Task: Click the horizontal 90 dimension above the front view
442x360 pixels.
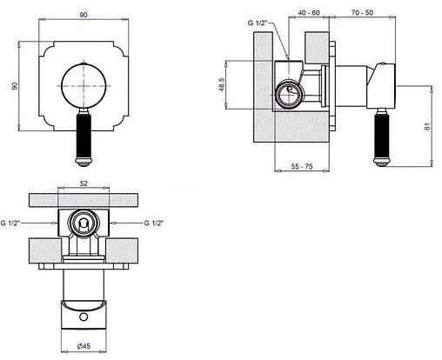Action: tap(84, 15)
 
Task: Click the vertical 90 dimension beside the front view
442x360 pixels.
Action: tap(15, 86)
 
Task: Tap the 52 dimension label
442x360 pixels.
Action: tap(84, 183)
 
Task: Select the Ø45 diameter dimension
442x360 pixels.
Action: tap(84, 346)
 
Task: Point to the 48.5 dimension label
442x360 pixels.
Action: tap(222, 85)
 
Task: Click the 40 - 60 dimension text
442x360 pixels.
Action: tap(309, 13)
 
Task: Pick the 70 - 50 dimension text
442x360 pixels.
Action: tap(362, 13)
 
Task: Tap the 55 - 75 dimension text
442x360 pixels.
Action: tap(302, 166)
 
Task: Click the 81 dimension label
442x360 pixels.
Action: tap(428, 126)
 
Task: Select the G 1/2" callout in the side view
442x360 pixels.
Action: tap(258, 23)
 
